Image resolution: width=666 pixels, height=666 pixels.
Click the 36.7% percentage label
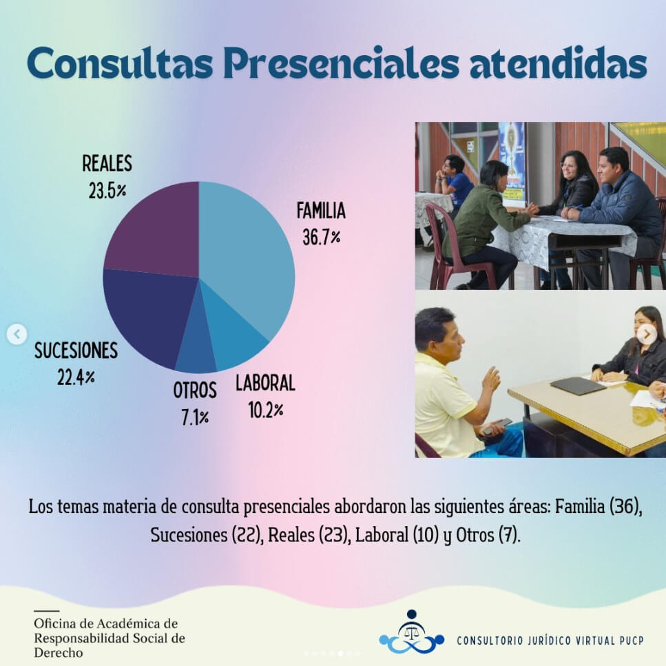322,237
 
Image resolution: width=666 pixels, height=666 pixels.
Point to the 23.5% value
107,190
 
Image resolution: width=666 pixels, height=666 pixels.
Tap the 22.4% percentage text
76,377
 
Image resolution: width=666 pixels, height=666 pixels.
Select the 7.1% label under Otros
195,418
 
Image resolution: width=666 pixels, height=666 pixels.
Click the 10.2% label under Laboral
266,410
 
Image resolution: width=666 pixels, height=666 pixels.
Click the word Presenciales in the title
342,63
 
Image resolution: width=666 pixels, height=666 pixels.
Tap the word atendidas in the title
559,63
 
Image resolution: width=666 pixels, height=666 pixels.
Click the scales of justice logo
411,632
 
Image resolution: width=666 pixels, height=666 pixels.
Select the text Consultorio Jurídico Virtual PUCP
550,640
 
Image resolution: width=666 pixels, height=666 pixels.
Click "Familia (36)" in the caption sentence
598,507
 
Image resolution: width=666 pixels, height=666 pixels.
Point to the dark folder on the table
578,386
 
